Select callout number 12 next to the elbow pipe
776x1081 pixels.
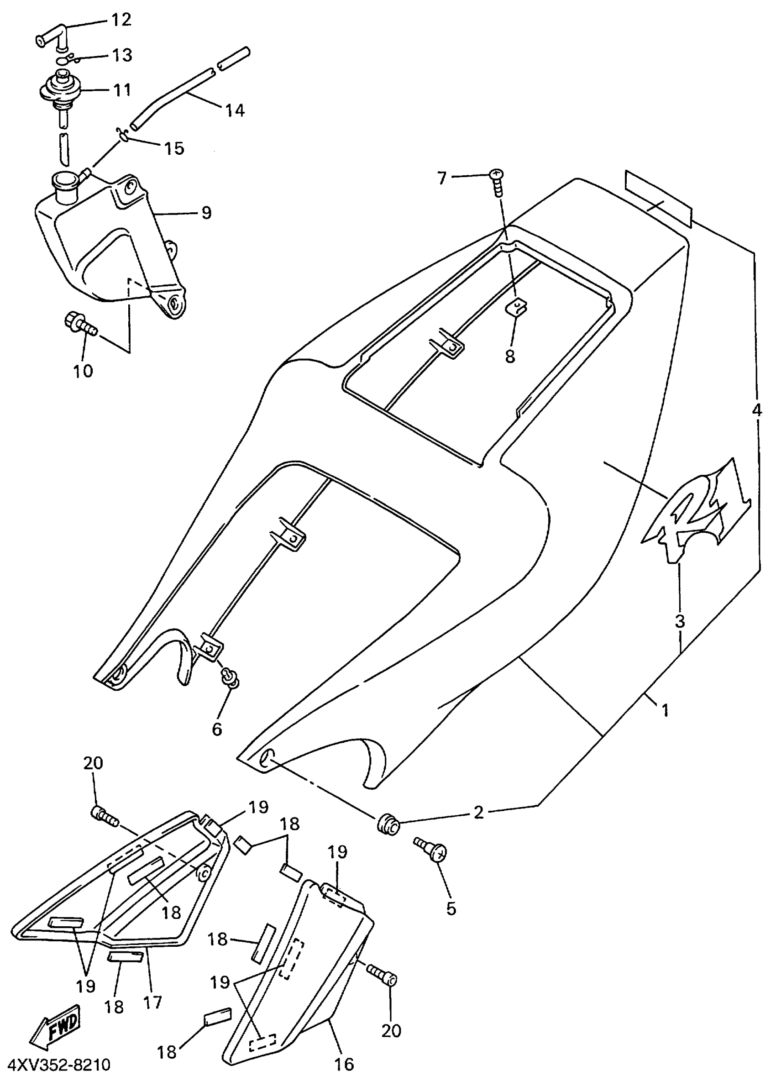point(121,20)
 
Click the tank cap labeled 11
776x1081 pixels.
point(62,88)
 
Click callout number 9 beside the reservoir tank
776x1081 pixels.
point(206,213)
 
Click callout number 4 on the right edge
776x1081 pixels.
point(757,410)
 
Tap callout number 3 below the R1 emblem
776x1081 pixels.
point(680,621)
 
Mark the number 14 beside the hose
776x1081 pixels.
point(235,110)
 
